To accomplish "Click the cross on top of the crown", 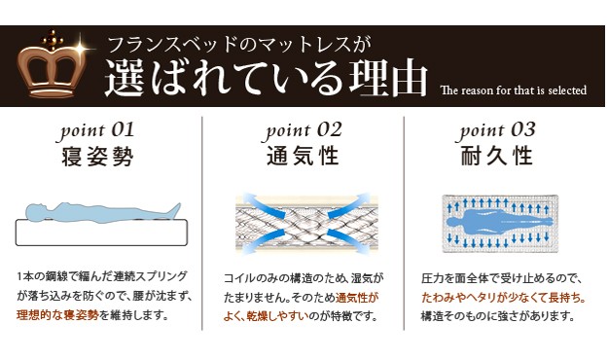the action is [x=53, y=39].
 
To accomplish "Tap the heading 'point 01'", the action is [x=97, y=131].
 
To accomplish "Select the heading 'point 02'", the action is [x=303, y=131].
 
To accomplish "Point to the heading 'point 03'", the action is [x=496, y=131].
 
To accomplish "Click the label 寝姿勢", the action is [x=97, y=157].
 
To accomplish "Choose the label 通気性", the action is [x=303, y=157].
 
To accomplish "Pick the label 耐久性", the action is [x=496, y=157].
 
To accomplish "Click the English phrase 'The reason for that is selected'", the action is [x=514, y=90].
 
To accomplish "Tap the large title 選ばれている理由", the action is [x=267, y=78].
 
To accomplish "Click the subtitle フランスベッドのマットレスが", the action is [x=239, y=45].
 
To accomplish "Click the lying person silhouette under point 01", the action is [x=103, y=212].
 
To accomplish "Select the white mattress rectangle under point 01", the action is [x=101, y=233].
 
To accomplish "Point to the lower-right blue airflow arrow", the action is [x=348, y=240].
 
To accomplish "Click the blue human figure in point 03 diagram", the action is [x=499, y=222].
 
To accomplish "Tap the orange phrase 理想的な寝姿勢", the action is [x=57, y=315].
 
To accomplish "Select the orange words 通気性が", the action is [x=357, y=298].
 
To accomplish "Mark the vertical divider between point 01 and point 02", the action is [x=202, y=224].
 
